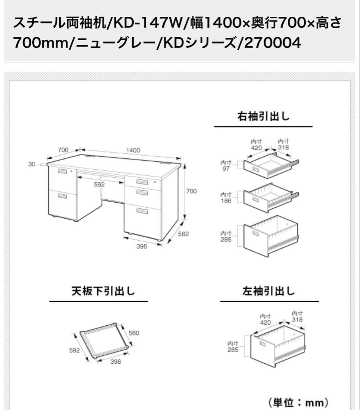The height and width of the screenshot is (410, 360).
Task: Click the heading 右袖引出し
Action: pos(263,117)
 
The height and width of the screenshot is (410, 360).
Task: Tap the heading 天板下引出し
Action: pos(98,291)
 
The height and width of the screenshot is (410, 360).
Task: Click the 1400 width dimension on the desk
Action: pos(133,150)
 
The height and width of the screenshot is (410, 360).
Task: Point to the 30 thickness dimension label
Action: pos(32,164)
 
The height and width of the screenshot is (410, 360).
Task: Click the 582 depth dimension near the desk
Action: pos(183,234)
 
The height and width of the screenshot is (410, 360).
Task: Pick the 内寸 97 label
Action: pos(226,166)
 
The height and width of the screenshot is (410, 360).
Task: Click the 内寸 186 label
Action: pos(226,198)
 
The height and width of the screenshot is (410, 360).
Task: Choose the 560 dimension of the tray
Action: pos(134,333)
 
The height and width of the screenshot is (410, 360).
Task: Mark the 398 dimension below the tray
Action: pos(115,362)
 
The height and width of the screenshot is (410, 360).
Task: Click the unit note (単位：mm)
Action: pos(298,402)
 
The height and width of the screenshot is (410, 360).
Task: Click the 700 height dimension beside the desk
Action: pos(191,191)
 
